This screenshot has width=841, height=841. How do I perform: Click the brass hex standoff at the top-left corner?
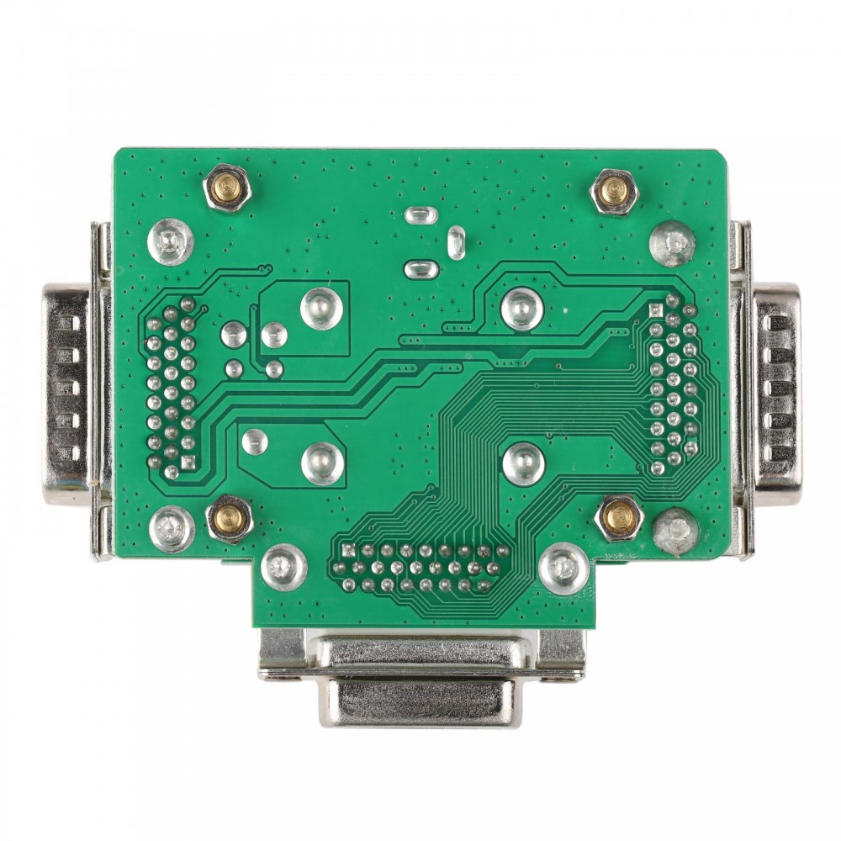click(227, 188)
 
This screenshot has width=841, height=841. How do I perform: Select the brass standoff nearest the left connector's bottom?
click(229, 518)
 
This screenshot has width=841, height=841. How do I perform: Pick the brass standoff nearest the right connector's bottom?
click(620, 517)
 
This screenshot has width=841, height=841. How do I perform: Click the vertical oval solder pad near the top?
click(457, 242)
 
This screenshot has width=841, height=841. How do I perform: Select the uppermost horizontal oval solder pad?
click(420, 215)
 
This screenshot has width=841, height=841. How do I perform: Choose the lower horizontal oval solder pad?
click(420, 270)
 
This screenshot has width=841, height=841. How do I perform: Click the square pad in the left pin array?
click(188, 463)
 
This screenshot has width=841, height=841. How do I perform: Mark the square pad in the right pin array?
click(657, 311)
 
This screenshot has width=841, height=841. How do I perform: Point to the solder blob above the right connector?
click(673, 243)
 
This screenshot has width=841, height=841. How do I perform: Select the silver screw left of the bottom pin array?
click(284, 568)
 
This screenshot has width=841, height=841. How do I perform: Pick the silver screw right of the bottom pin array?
click(563, 569)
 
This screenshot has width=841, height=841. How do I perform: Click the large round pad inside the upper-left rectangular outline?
click(320, 308)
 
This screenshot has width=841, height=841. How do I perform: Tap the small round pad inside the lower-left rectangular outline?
click(254, 441)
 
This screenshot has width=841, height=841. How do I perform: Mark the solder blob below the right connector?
click(675, 531)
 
